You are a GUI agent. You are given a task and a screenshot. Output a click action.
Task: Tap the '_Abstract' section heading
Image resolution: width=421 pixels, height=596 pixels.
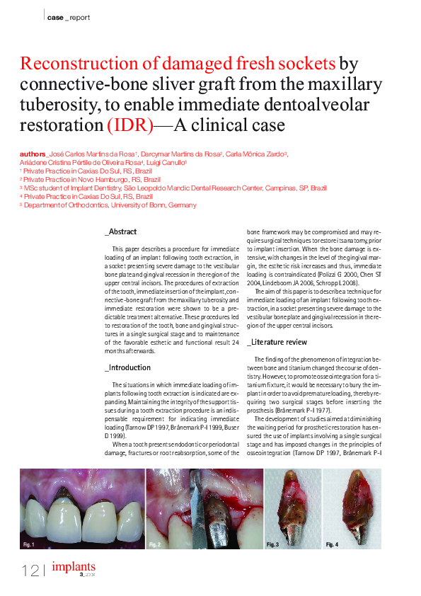coord(120,232)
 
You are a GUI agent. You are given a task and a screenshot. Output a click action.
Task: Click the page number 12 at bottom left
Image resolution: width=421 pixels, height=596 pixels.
coord(30,570)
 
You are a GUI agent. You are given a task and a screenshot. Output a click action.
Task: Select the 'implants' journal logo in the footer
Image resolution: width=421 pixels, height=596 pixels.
coord(74,567)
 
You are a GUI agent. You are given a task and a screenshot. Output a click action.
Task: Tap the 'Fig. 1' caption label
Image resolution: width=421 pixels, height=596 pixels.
coord(28,544)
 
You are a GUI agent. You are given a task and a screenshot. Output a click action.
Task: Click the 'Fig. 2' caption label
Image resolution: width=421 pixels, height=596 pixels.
coord(155,544)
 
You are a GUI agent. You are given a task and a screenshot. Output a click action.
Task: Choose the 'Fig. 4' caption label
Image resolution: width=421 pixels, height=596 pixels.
coord(332,544)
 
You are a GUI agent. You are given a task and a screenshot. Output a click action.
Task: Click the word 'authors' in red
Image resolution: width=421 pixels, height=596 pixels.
coord(33,154)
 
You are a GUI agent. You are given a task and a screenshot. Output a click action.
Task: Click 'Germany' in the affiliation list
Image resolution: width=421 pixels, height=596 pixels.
coord(182,205)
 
